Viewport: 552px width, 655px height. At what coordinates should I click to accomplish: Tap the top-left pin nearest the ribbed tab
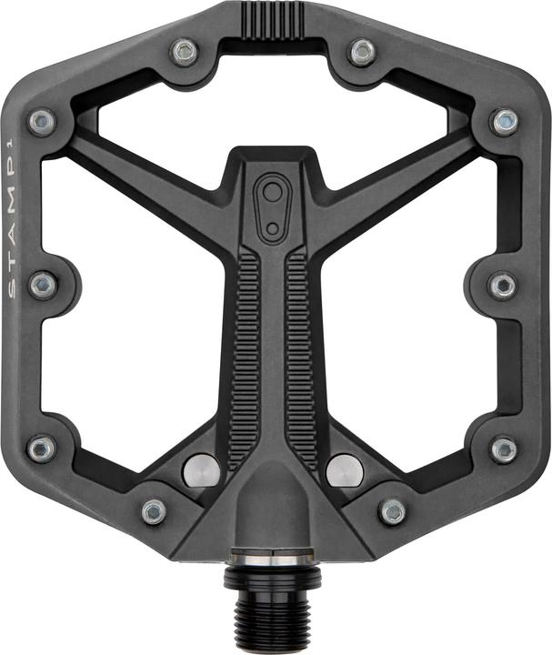(186, 52)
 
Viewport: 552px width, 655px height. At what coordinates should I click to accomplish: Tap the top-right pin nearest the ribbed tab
(362, 52)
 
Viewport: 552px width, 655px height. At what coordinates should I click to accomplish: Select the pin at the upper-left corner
(41, 121)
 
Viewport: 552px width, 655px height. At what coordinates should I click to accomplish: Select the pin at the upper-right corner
(505, 121)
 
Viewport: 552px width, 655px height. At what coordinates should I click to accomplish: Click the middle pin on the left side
(42, 286)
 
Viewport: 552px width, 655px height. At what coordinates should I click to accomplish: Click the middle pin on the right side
(503, 286)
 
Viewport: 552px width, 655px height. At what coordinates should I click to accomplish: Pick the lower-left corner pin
(41, 448)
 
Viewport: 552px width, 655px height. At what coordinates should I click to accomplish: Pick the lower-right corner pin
(504, 448)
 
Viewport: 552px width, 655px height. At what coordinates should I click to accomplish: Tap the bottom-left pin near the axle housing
(154, 511)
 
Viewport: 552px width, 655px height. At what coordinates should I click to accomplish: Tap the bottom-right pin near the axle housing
(393, 511)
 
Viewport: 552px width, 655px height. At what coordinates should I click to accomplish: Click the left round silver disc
(201, 470)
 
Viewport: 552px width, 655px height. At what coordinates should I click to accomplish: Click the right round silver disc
(345, 470)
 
